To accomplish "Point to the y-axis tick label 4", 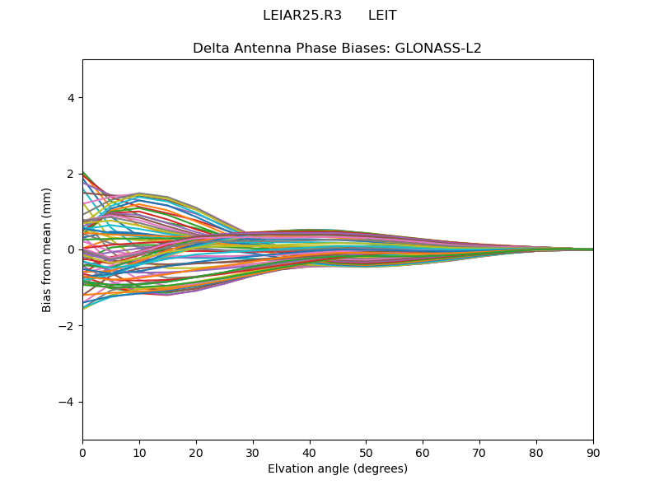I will pos(72,98).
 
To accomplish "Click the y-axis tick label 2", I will pos(72,174).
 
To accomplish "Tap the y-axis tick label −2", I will pos(68,326).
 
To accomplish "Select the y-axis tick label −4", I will pos(68,402).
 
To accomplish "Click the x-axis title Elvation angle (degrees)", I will pos(338,468).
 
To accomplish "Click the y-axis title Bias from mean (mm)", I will pos(48,249).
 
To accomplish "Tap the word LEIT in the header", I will pos(382,16).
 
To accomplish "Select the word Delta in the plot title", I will pos(210,49).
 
